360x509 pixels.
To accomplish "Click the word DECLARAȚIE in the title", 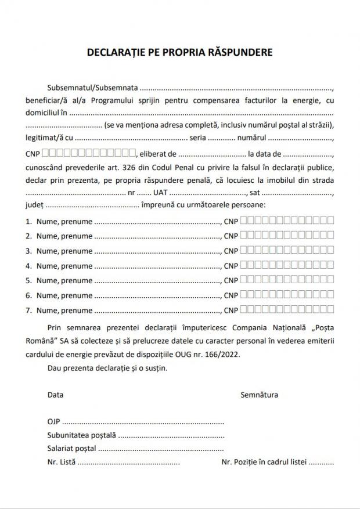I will pos(112,52).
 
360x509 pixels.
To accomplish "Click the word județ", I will pos(34,205).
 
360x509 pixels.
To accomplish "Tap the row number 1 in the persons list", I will pos(28,221).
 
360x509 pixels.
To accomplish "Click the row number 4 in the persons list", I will pos(28,266).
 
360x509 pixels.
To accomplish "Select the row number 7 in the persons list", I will pos(28,311).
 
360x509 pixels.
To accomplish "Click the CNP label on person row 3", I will pos(231,251).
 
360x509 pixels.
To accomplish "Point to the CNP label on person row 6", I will pos(231,296).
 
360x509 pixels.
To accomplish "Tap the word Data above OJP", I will pos(56,395).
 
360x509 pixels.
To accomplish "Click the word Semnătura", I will pos(259,395).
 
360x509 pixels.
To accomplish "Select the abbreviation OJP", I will pos(53,421).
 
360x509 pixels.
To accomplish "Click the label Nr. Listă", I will pos(61,463).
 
